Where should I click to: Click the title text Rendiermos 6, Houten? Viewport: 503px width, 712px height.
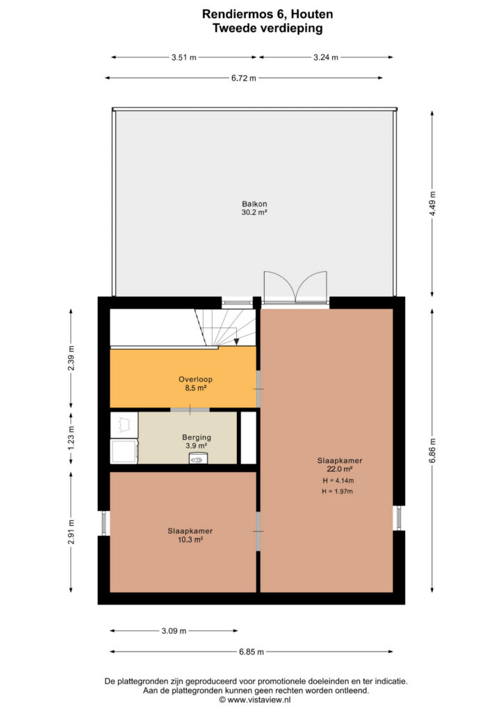267,14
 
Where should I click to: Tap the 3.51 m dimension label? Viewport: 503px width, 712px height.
183,58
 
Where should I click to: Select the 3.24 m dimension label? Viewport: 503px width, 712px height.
326,58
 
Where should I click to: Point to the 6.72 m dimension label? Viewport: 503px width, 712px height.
244,78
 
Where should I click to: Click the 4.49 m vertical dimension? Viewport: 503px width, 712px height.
432,204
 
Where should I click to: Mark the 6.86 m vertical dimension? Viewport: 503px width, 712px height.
432,451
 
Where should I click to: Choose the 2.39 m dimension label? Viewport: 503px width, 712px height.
71,358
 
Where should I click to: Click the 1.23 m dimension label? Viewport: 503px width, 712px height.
71,439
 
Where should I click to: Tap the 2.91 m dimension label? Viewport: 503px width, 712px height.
71,532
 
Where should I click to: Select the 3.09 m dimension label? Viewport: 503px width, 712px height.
174,631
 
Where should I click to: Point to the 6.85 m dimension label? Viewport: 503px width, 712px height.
251,652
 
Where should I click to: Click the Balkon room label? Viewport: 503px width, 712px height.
254,204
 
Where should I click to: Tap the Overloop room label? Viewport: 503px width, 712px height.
195,380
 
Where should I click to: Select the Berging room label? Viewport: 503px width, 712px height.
197,438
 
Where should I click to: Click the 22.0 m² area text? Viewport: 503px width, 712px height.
340,469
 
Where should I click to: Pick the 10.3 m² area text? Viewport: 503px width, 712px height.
190,540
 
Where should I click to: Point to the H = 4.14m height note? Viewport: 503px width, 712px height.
338,481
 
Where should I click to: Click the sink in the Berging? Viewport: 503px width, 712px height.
198,458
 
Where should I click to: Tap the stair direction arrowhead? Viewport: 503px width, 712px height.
236,342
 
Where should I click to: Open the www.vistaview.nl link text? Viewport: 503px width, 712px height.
258,700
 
